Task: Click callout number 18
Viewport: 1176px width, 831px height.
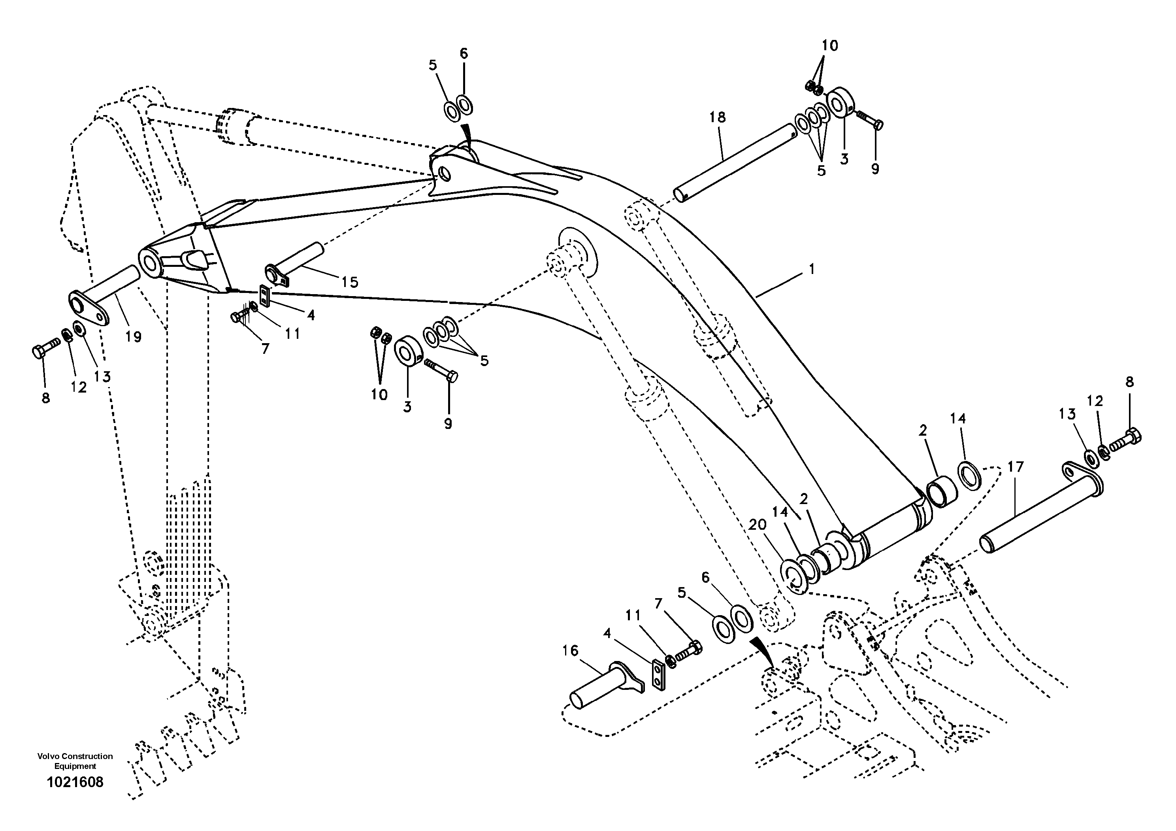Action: point(717,117)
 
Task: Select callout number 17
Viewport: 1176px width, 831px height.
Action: point(1015,467)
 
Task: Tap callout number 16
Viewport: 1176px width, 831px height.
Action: point(570,651)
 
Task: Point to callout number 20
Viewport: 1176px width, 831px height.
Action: point(758,525)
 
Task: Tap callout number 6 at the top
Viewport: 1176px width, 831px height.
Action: point(464,53)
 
